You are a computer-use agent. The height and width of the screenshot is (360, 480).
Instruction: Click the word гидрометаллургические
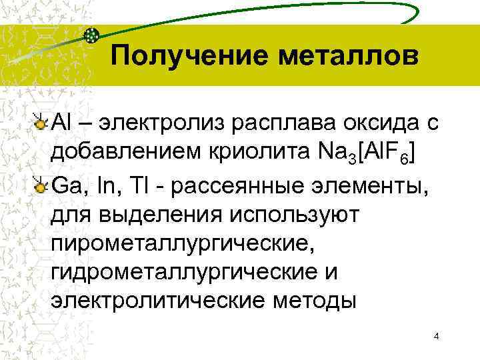[x=187, y=273]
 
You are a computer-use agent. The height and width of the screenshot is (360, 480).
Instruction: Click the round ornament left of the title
[x=93, y=36]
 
